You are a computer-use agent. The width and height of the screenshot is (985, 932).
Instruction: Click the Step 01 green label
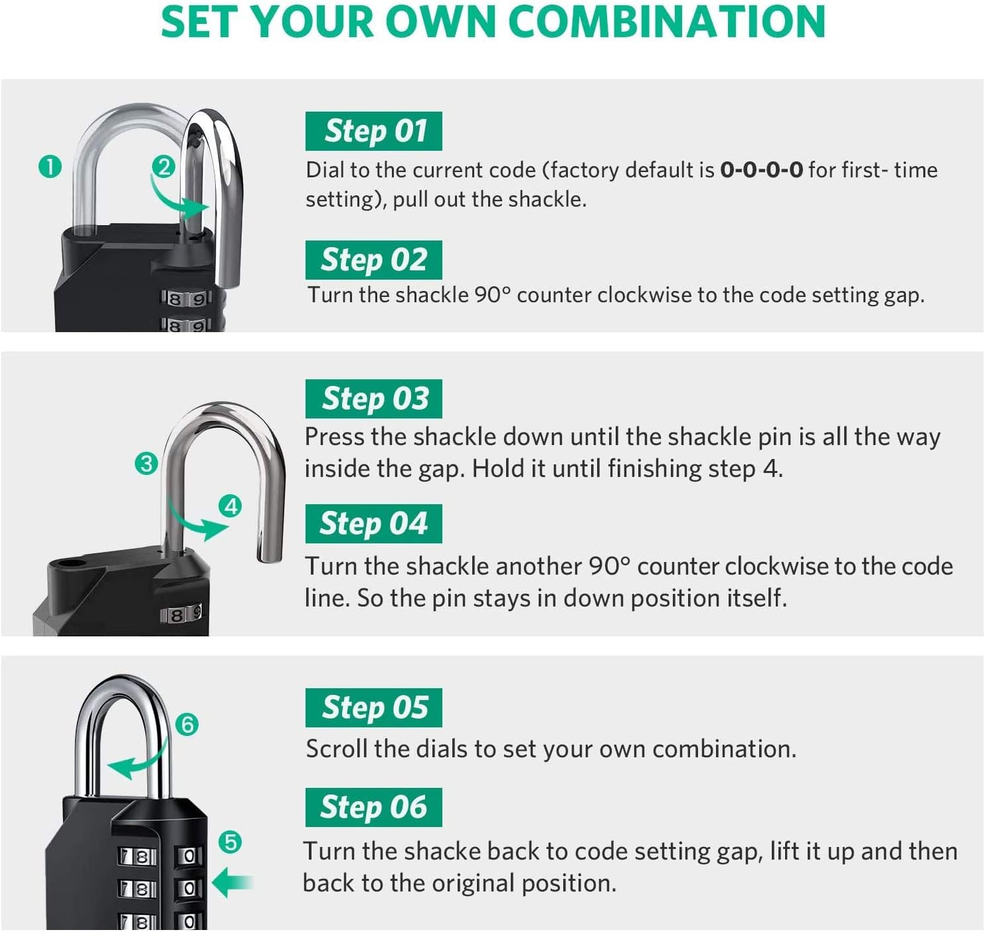[373, 131]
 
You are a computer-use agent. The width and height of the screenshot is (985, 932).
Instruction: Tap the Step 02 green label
[373, 260]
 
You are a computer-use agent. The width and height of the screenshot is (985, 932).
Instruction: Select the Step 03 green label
[373, 399]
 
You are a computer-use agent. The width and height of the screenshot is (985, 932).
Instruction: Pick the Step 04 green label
[373, 523]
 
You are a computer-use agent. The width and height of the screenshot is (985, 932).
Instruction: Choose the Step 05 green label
[373, 707]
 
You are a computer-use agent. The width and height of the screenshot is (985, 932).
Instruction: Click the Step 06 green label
[373, 807]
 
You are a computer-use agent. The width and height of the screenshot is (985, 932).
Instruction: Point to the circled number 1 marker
[50, 166]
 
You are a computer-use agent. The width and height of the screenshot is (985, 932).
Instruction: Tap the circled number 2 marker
[163, 166]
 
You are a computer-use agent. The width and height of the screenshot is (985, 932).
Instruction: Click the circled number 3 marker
[146, 463]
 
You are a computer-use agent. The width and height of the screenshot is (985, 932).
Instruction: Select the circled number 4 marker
[230, 506]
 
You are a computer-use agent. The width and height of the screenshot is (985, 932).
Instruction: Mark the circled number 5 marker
[230, 842]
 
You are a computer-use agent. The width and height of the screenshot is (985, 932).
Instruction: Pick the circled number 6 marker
[187, 724]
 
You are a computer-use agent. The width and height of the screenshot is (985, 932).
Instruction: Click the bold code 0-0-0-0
[761, 170]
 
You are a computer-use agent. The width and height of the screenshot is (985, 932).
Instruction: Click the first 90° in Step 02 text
[492, 294]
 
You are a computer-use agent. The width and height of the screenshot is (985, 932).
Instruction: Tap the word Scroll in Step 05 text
[337, 749]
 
